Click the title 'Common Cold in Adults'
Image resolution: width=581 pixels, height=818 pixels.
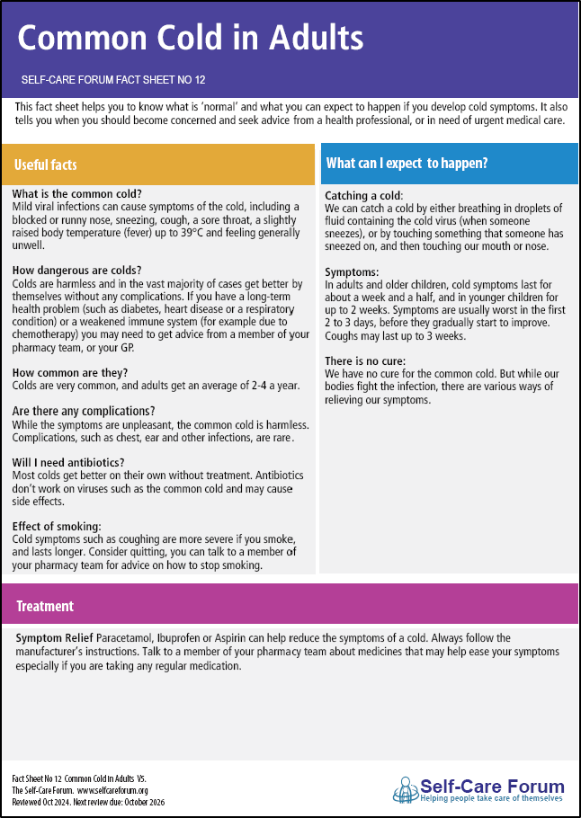(x=191, y=38)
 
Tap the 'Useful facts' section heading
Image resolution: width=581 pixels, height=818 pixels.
(x=45, y=164)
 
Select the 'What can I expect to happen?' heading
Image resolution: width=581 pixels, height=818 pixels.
(x=407, y=163)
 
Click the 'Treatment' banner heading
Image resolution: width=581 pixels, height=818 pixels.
(x=45, y=607)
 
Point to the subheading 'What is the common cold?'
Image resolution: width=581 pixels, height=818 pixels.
(x=77, y=193)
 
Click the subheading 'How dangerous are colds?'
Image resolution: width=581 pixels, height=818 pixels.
(x=77, y=270)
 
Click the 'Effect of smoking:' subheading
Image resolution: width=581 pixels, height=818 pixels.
(x=57, y=526)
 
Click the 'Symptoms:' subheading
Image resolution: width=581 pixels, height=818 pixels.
(x=352, y=272)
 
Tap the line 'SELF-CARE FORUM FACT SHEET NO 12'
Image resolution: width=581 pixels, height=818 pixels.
(x=114, y=79)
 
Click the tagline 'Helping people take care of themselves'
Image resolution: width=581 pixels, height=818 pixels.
(x=492, y=797)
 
